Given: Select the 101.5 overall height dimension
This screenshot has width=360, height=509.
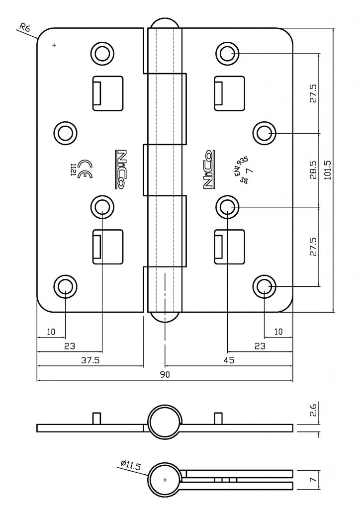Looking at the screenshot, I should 328,170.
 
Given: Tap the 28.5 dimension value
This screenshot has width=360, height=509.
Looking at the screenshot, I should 313,170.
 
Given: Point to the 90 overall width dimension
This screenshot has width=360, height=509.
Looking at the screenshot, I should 165,375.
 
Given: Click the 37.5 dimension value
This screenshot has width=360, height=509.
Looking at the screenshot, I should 90,360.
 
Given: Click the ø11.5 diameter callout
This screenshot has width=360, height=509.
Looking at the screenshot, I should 131,466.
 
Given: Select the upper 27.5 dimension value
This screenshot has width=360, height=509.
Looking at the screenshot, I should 313,92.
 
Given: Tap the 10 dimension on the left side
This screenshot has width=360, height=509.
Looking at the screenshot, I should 51,332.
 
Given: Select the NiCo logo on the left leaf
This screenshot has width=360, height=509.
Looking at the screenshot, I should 120,170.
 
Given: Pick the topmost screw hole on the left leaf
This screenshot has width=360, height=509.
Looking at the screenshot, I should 102,52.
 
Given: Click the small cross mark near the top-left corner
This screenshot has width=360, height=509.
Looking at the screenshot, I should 54,46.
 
